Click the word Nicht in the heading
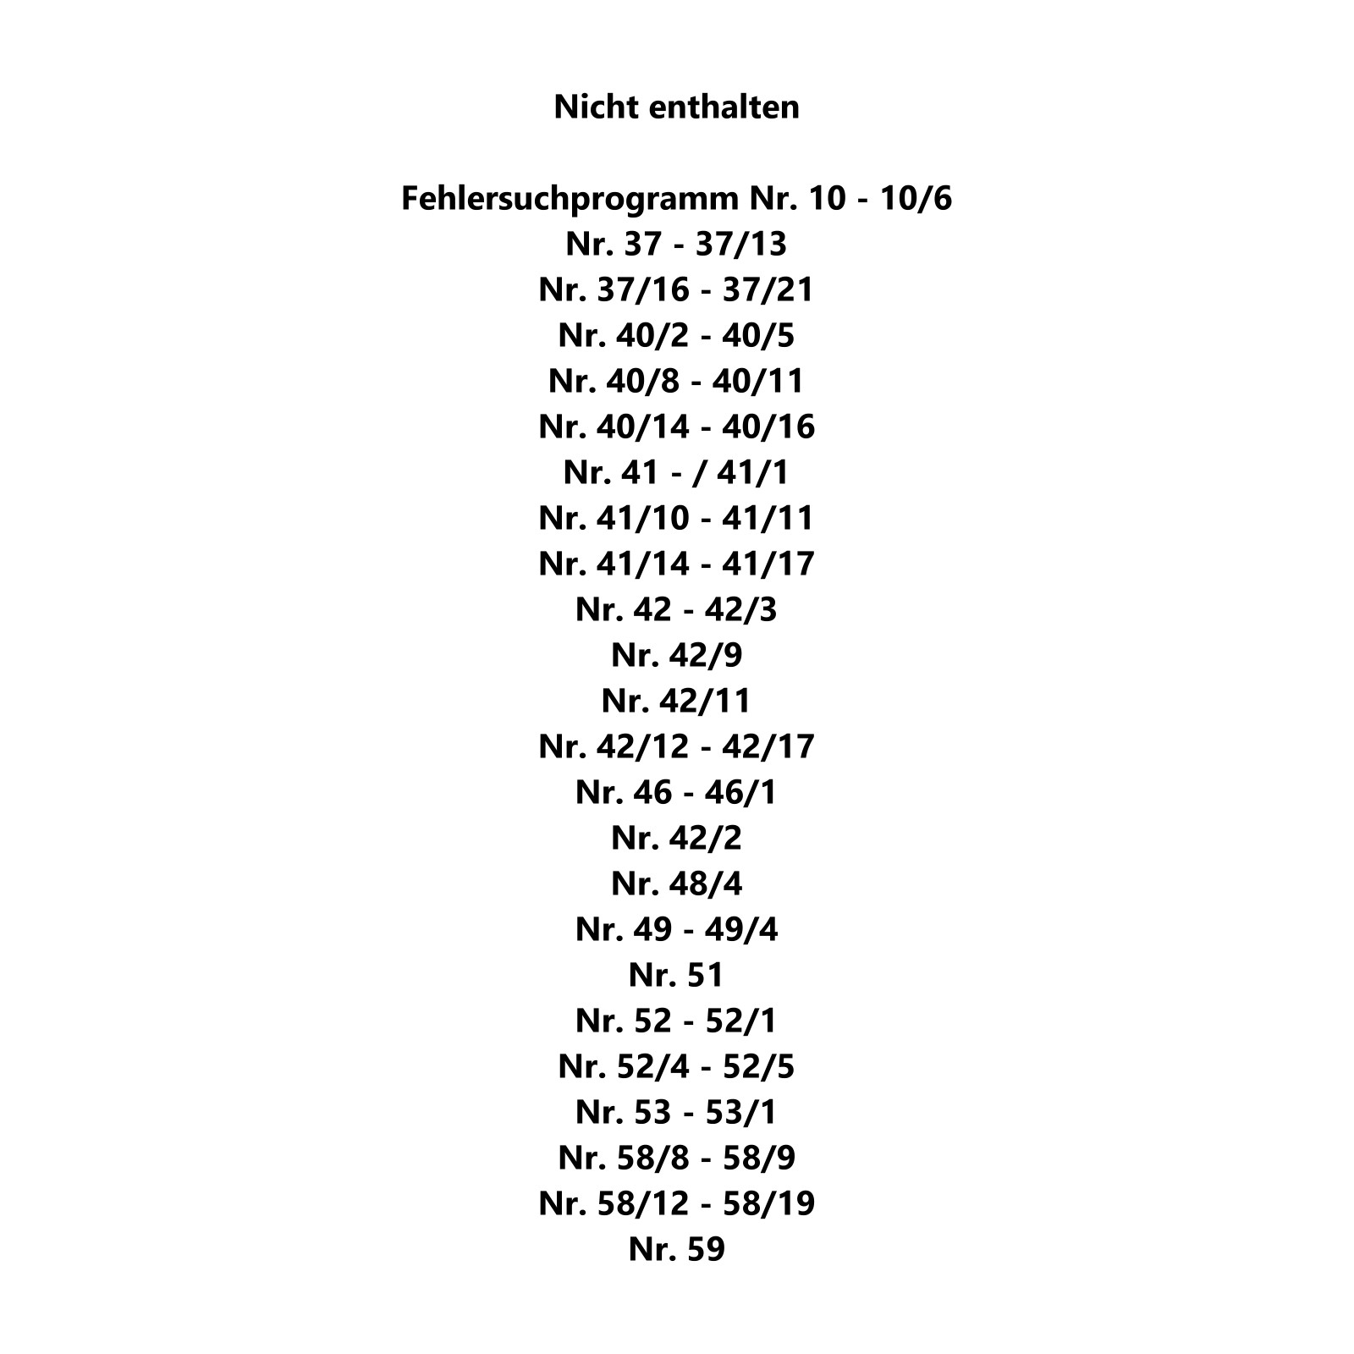pos(591,107)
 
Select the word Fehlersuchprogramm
pos(570,199)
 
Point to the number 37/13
pos(741,245)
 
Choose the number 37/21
pos(768,290)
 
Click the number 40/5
pos(758,336)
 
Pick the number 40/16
pos(768,427)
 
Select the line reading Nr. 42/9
pos(677,656)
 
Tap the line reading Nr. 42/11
pos(677,702)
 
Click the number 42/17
pos(768,747)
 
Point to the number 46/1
pos(741,793)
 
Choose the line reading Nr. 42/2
pos(677,839)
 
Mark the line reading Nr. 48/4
pos(677,884)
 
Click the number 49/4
pos(741,930)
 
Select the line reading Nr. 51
pos(677,976)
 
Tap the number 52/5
pos(758,1067)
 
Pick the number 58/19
pos(768,1204)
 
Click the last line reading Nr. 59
pos(677,1250)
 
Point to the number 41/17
pos(768,564)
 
